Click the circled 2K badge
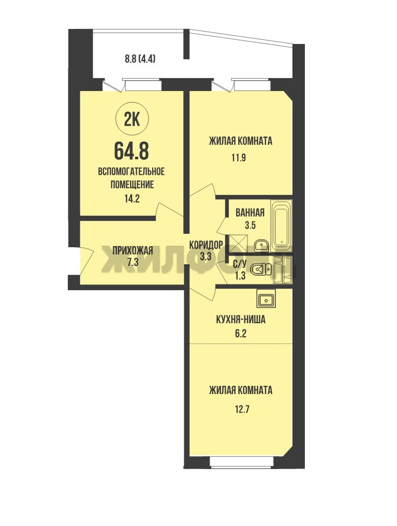click(x=132, y=119)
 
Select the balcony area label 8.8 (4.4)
click(x=140, y=59)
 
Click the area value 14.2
click(x=131, y=199)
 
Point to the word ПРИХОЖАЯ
click(x=133, y=250)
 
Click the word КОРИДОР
click(x=206, y=245)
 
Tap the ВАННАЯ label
click(x=249, y=213)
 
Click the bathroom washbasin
click(x=261, y=245)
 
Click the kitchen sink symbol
click(x=267, y=298)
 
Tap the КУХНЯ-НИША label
click(x=240, y=320)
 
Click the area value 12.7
click(x=240, y=410)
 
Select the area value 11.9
click(x=239, y=158)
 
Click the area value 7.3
click(x=133, y=262)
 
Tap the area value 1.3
click(x=240, y=276)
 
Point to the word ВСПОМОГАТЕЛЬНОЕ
click(x=131, y=172)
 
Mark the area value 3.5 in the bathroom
click(x=250, y=225)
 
